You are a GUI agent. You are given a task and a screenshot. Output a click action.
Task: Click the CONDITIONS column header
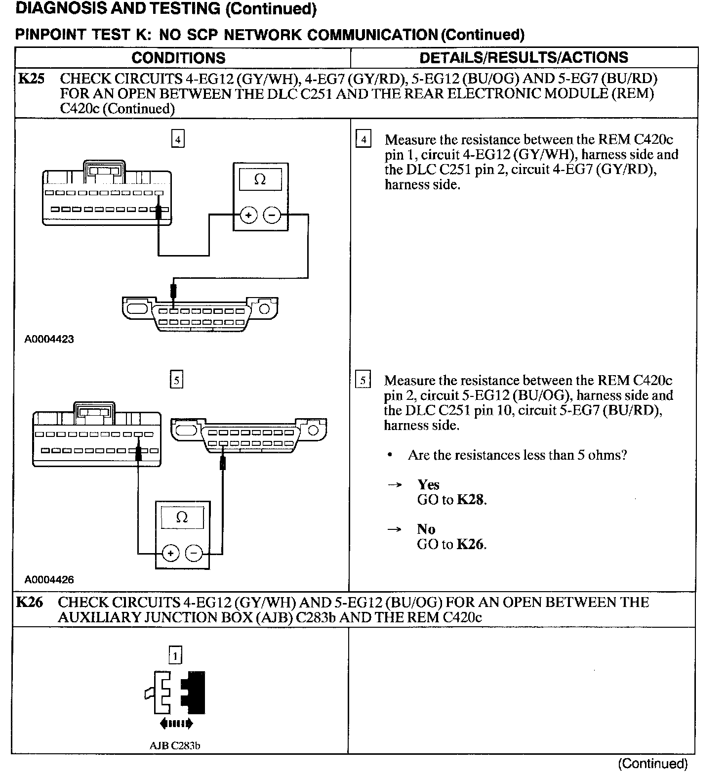(x=178, y=58)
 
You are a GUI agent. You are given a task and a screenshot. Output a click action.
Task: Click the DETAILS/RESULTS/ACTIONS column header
(x=524, y=58)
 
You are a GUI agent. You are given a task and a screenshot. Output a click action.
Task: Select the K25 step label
(x=31, y=79)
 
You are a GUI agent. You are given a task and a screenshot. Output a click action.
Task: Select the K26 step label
(x=29, y=602)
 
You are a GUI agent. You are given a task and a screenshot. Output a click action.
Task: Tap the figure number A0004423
(x=49, y=339)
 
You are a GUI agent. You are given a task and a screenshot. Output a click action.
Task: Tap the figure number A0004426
(x=49, y=579)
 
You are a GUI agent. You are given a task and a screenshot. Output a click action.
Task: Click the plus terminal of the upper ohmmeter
(x=248, y=216)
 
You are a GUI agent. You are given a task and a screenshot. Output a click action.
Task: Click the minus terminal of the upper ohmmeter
(x=272, y=216)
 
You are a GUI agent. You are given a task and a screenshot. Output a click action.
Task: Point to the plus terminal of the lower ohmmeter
(x=170, y=553)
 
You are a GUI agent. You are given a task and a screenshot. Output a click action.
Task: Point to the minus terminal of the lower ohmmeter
(x=194, y=553)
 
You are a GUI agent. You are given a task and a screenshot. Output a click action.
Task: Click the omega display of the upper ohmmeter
(x=260, y=180)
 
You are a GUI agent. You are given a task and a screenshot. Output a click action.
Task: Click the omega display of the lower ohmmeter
(x=182, y=518)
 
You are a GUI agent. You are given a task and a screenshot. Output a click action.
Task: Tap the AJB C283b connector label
(x=175, y=745)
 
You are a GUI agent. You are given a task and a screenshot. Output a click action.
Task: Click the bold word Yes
(x=428, y=484)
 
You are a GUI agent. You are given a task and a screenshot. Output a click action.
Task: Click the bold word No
(x=426, y=529)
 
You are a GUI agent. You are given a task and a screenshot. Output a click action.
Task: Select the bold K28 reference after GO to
(x=470, y=500)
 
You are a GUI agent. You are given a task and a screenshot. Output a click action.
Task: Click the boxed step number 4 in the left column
(x=177, y=140)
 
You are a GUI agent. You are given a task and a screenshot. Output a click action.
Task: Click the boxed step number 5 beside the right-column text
(x=363, y=381)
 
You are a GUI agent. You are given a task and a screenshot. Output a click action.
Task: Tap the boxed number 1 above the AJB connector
(x=175, y=656)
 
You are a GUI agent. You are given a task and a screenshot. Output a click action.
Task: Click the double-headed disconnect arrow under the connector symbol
(x=176, y=724)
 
